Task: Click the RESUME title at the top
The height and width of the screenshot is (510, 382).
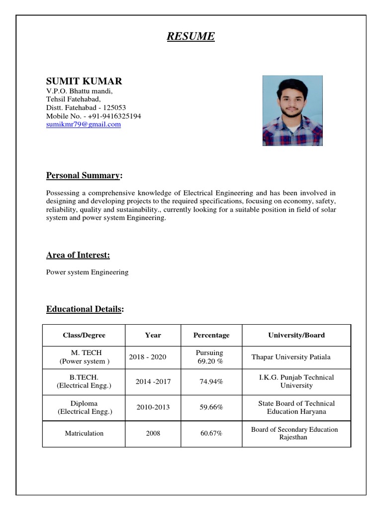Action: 191,36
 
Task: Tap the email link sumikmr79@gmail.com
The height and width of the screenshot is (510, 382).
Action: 84,125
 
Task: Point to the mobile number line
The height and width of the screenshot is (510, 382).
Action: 94,116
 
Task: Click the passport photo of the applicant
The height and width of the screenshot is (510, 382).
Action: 292,111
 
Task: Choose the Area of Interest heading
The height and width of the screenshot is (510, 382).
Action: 78,255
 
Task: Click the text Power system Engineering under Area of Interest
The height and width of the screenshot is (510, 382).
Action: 87,272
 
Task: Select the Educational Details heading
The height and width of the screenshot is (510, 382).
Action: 84,309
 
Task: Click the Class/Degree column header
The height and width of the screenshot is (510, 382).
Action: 84,335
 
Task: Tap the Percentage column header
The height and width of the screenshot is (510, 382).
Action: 211,335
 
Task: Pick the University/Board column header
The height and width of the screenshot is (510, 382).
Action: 296,335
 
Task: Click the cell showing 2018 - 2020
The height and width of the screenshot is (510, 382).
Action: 148,357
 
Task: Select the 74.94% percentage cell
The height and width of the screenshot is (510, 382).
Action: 211,382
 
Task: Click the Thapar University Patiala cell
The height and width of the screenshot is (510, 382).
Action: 291,357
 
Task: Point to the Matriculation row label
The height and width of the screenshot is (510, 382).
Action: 84,433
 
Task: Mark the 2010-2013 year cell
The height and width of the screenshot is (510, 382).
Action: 153,407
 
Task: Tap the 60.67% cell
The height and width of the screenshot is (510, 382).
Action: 211,433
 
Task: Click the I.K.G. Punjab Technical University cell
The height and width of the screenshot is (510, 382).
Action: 296,382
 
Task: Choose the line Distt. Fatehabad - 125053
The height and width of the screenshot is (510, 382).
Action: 86,108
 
